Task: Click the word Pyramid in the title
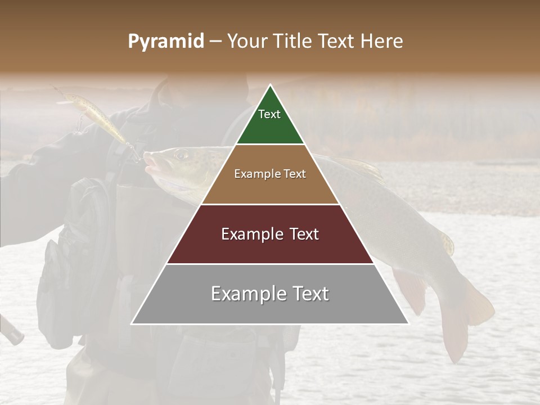point(166,42)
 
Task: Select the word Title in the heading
point(292,42)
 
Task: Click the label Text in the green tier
point(269,114)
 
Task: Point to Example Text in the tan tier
point(270,174)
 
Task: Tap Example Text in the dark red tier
point(270,234)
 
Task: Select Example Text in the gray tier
point(270,294)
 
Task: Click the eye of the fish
point(180,154)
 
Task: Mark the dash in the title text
point(215,42)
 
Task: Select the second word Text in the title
point(337,42)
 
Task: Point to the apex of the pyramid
point(270,85)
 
